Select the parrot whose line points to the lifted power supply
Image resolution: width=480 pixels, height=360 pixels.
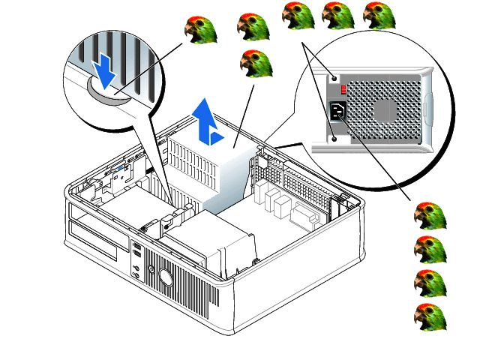click(x=254, y=65)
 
